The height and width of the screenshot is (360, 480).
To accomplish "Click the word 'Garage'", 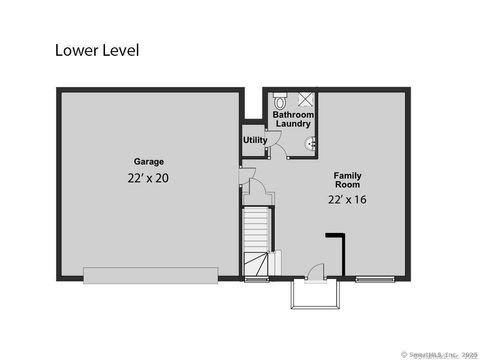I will click(x=149, y=161).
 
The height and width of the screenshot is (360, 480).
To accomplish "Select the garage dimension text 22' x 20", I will click(x=149, y=178).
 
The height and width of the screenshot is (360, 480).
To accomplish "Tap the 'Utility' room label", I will click(x=255, y=140).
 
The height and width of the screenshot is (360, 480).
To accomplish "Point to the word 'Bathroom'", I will click(x=294, y=115).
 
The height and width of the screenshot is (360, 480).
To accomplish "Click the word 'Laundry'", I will click(x=294, y=125).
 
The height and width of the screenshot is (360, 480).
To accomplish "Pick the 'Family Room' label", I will click(x=347, y=181).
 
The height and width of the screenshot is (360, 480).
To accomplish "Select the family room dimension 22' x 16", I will click(x=347, y=199).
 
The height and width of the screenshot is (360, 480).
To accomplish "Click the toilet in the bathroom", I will click(x=280, y=101).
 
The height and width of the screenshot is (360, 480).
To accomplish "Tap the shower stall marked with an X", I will click(x=305, y=100).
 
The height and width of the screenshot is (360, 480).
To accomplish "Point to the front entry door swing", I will click(x=316, y=270).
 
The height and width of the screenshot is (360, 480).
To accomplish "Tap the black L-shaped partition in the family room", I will click(x=338, y=250).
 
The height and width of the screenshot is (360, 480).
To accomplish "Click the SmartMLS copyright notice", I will click(x=439, y=354).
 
